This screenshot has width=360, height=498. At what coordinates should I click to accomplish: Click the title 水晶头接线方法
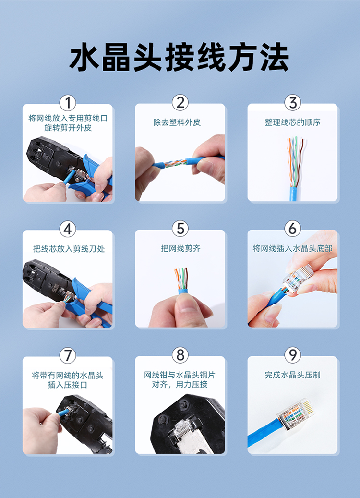(x=180, y=58)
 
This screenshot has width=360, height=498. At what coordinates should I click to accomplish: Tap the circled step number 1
(x=68, y=103)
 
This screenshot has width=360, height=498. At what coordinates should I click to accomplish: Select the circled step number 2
(x=180, y=103)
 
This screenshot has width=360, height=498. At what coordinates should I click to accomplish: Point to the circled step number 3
(x=292, y=103)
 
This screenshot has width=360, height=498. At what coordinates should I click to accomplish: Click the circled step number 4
(x=68, y=229)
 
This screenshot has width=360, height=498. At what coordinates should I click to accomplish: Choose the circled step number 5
(x=180, y=229)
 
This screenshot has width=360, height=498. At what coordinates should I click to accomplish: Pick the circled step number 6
(x=292, y=229)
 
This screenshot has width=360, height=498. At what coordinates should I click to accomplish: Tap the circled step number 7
(x=68, y=355)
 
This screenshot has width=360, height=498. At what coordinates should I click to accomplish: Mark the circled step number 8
(x=180, y=355)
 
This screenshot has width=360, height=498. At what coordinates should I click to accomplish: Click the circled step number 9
(x=292, y=355)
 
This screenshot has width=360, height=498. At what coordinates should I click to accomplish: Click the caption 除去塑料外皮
(x=177, y=122)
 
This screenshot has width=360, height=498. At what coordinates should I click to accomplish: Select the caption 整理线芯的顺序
(x=292, y=122)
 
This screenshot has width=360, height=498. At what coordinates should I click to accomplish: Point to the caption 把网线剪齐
(x=180, y=248)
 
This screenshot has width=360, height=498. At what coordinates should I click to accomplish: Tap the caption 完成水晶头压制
(x=292, y=375)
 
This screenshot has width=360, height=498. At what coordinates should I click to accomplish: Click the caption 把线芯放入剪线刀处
(x=69, y=249)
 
